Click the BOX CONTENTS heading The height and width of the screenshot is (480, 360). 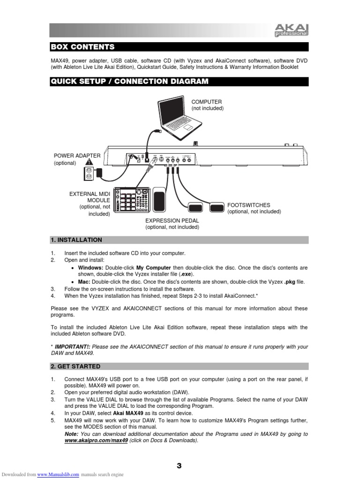tap(82, 47)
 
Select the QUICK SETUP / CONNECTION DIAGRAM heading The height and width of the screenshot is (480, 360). tap(129, 82)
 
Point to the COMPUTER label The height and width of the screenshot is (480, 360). tap(206, 102)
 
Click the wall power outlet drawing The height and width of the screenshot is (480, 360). tap(89, 173)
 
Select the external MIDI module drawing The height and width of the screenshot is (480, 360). tap(133, 200)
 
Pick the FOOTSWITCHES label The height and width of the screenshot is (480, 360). tap(248, 205)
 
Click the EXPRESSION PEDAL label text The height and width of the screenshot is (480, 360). tap(172, 220)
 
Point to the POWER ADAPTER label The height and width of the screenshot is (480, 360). tap(77, 155)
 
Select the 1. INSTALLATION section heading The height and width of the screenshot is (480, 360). tap(76, 240)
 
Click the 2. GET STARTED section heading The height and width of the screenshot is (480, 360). tap(75, 367)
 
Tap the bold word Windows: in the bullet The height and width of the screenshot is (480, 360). tap(90, 268)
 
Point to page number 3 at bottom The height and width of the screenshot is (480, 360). tap(179, 465)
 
